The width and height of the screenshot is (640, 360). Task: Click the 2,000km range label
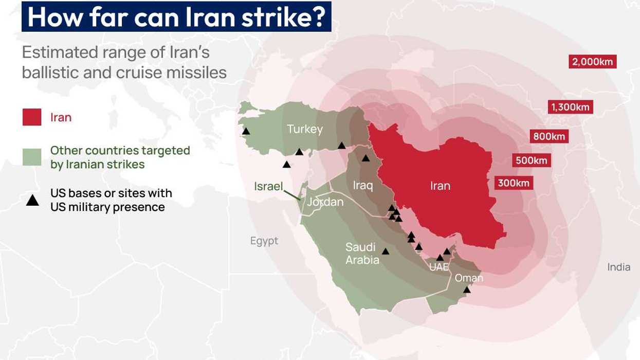(x=593, y=62)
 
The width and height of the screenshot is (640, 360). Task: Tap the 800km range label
(x=549, y=136)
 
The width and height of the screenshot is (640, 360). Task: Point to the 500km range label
(x=532, y=160)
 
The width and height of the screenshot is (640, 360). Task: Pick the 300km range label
(x=514, y=183)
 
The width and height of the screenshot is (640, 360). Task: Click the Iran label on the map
(x=440, y=186)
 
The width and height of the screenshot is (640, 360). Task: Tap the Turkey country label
(x=305, y=129)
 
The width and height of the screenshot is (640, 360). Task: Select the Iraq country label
(x=363, y=185)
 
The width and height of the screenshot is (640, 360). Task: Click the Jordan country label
(x=325, y=202)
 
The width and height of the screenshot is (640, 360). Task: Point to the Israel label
(x=268, y=186)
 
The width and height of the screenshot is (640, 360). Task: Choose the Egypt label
(x=264, y=241)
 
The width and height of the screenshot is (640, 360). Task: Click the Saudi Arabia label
(x=362, y=254)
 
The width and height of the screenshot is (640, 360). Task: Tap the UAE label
(x=439, y=267)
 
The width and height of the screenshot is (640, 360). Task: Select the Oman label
(x=469, y=278)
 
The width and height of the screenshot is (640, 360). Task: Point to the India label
(x=618, y=267)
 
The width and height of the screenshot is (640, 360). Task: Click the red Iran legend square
(x=32, y=117)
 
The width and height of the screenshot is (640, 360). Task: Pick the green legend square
(x=32, y=157)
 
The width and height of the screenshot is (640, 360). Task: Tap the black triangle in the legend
(x=32, y=201)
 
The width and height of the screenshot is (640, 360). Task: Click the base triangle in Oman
(x=467, y=290)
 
